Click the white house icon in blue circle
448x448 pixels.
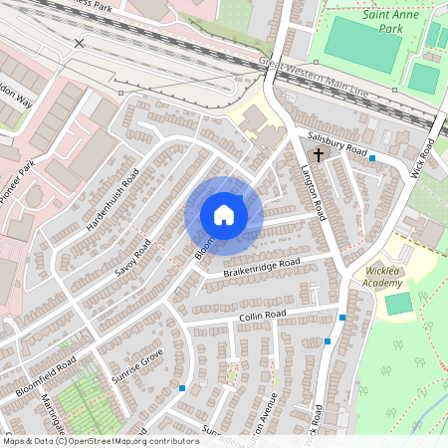224,215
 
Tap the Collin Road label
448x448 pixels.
262,316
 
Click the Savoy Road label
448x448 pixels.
130,257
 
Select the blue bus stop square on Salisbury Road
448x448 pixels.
372,158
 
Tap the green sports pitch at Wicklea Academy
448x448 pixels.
398,304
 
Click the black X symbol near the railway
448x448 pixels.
80,43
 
